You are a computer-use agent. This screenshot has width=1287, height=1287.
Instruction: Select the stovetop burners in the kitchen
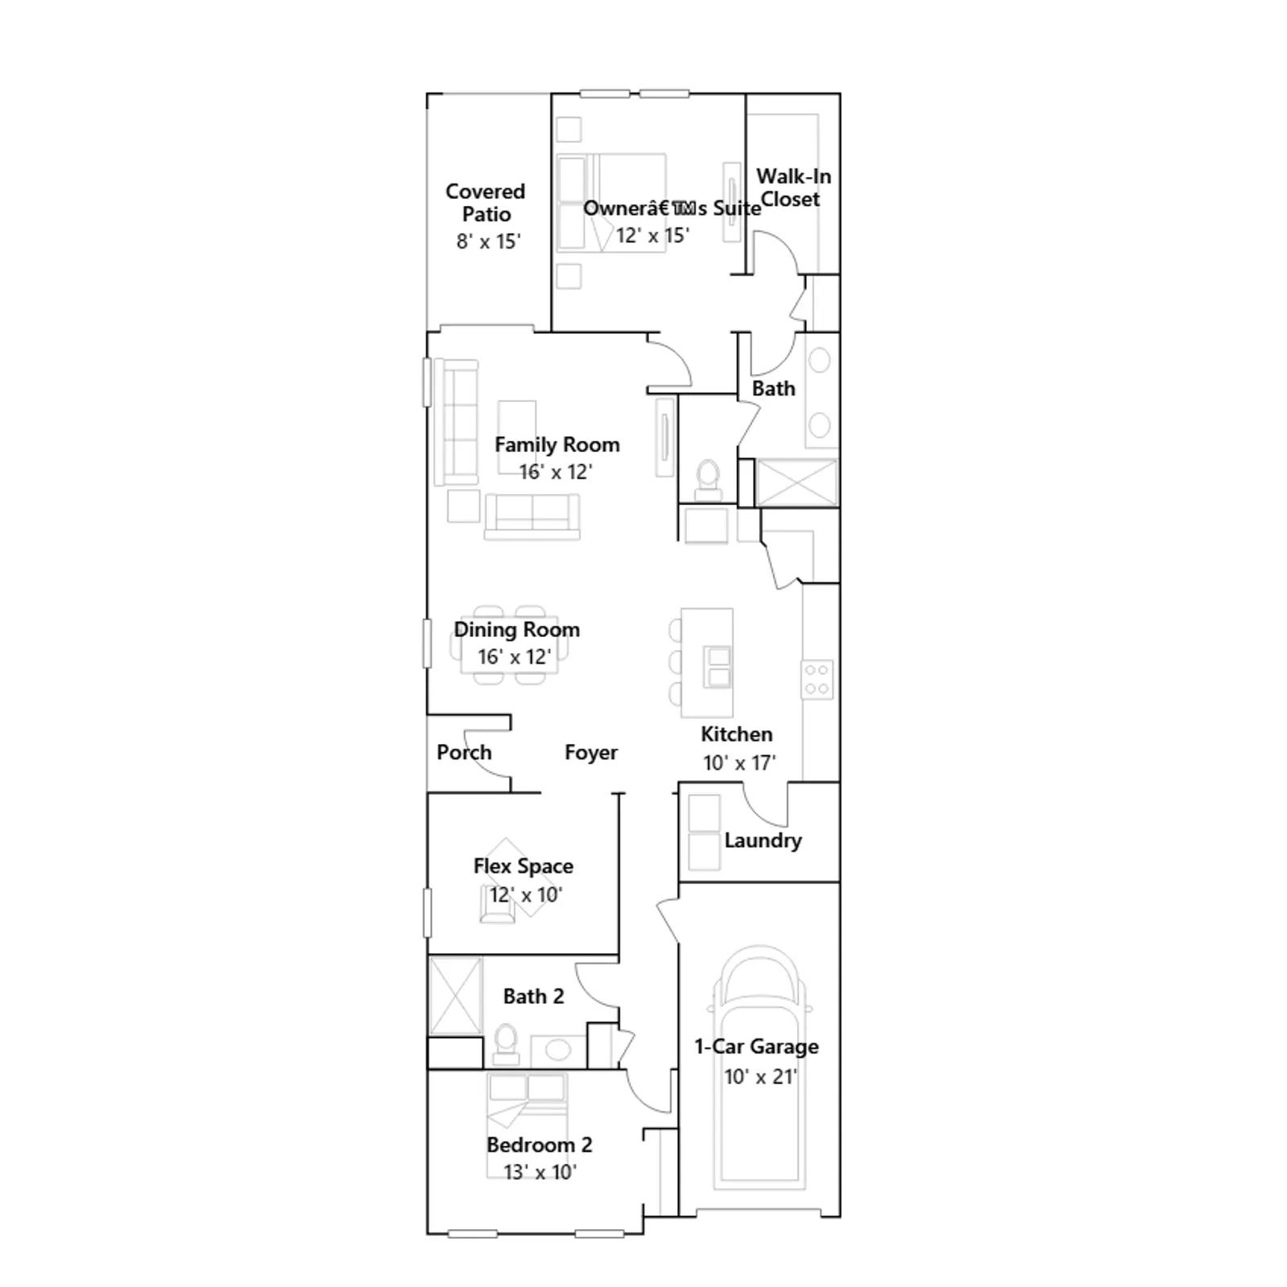coord(817,679)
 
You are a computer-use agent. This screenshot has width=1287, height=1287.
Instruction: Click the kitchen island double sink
coord(718,667)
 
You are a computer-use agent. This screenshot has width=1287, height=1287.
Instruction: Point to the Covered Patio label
coord(485,203)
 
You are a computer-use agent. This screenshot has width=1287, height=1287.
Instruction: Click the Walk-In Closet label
coord(793,187)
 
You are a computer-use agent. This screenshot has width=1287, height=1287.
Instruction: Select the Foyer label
coord(591,752)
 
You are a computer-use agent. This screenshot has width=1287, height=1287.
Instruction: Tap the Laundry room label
coord(763,841)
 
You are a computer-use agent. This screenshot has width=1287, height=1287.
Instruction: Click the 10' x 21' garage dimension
coord(760,1076)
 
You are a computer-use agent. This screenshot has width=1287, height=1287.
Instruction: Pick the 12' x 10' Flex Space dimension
coord(526,894)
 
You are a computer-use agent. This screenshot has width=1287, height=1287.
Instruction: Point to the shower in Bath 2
coord(456,996)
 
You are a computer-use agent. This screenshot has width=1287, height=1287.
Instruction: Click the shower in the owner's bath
coord(796,483)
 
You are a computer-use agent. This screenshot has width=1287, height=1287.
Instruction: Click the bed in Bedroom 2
coord(527,1126)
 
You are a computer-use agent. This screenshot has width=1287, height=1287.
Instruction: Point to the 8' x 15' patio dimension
coord(489,241)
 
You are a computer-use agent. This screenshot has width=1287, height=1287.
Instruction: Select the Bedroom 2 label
coord(539,1145)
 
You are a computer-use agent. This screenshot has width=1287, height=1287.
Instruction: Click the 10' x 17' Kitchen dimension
coord(739,763)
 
